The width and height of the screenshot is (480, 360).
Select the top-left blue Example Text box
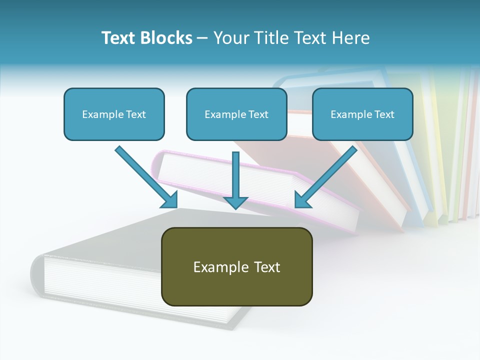(x=114, y=114)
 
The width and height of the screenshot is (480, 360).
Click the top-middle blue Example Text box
(x=236, y=114)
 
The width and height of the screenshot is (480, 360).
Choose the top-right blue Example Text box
(x=362, y=114)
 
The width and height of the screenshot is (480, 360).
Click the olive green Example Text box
(x=236, y=266)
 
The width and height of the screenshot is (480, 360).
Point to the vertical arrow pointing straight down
(x=235, y=175)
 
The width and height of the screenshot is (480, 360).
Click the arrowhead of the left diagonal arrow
(x=170, y=200)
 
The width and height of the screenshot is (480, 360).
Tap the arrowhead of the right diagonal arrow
(x=302, y=200)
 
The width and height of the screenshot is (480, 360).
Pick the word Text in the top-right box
(x=384, y=114)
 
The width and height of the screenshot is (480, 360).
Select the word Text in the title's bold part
(x=118, y=38)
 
